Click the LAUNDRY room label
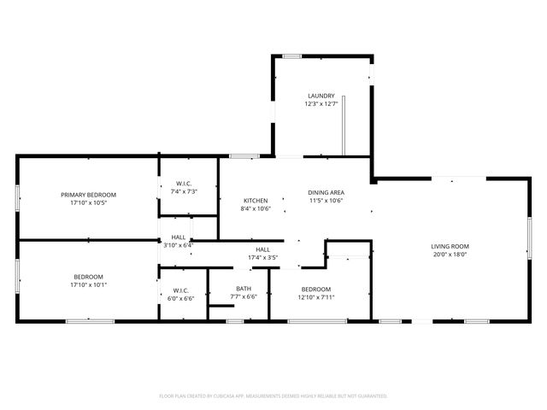coord(321,96)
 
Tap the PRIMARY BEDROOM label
coord(88,195)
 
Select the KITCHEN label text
coord(256,200)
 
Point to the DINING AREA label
coord(326,192)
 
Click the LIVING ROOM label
coord(450,246)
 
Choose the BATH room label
coord(244,289)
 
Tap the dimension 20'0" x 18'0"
coord(450,255)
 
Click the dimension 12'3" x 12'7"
coord(321,103)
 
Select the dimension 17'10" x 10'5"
coord(88,203)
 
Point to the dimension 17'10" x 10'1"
coord(88,284)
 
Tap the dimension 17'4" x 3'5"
coord(263,257)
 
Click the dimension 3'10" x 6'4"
coord(179,245)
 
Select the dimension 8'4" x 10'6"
coord(256,208)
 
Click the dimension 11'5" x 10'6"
coord(326,201)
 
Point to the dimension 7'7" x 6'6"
coord(244,296)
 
